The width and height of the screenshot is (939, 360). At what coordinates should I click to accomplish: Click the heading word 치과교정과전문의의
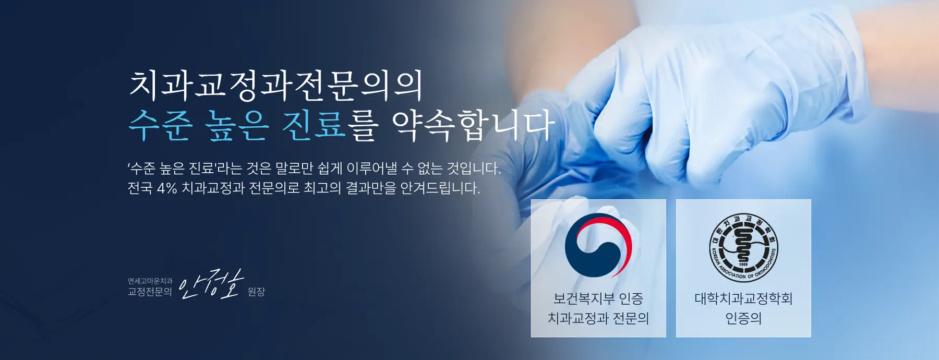tap(275, 86)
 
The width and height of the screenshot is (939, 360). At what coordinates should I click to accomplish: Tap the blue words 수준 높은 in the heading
tap(199, 126)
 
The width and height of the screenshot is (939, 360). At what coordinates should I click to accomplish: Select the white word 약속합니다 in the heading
tap(473, 126)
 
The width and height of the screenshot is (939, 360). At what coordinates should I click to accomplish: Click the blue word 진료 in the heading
tap(314, 126)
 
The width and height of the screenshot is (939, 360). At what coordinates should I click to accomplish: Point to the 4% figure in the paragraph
tap(167, 188)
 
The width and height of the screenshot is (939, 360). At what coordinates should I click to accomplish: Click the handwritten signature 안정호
tap(211, 284)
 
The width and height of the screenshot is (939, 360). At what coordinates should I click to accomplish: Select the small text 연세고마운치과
tap(150, 281)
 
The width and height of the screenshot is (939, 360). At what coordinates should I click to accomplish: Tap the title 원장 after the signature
tap(256, 292)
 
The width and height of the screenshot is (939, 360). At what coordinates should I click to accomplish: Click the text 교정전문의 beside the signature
tap(150, 292)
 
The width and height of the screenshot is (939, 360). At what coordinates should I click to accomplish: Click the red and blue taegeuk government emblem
tap(598, 245)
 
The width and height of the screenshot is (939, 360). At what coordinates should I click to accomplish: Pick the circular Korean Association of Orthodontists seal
tap(743, 247)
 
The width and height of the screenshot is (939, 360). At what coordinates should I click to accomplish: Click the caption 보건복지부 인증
tap(598, 299)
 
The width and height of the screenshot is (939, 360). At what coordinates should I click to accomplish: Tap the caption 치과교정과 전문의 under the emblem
tap(598, 318)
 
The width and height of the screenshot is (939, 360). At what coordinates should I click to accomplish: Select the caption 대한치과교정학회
tap(743, 299)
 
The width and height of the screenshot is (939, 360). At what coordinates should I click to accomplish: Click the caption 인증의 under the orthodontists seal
tap(743, 318)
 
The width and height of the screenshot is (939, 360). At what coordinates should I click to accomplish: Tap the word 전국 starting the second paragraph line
tap(140, 188)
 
